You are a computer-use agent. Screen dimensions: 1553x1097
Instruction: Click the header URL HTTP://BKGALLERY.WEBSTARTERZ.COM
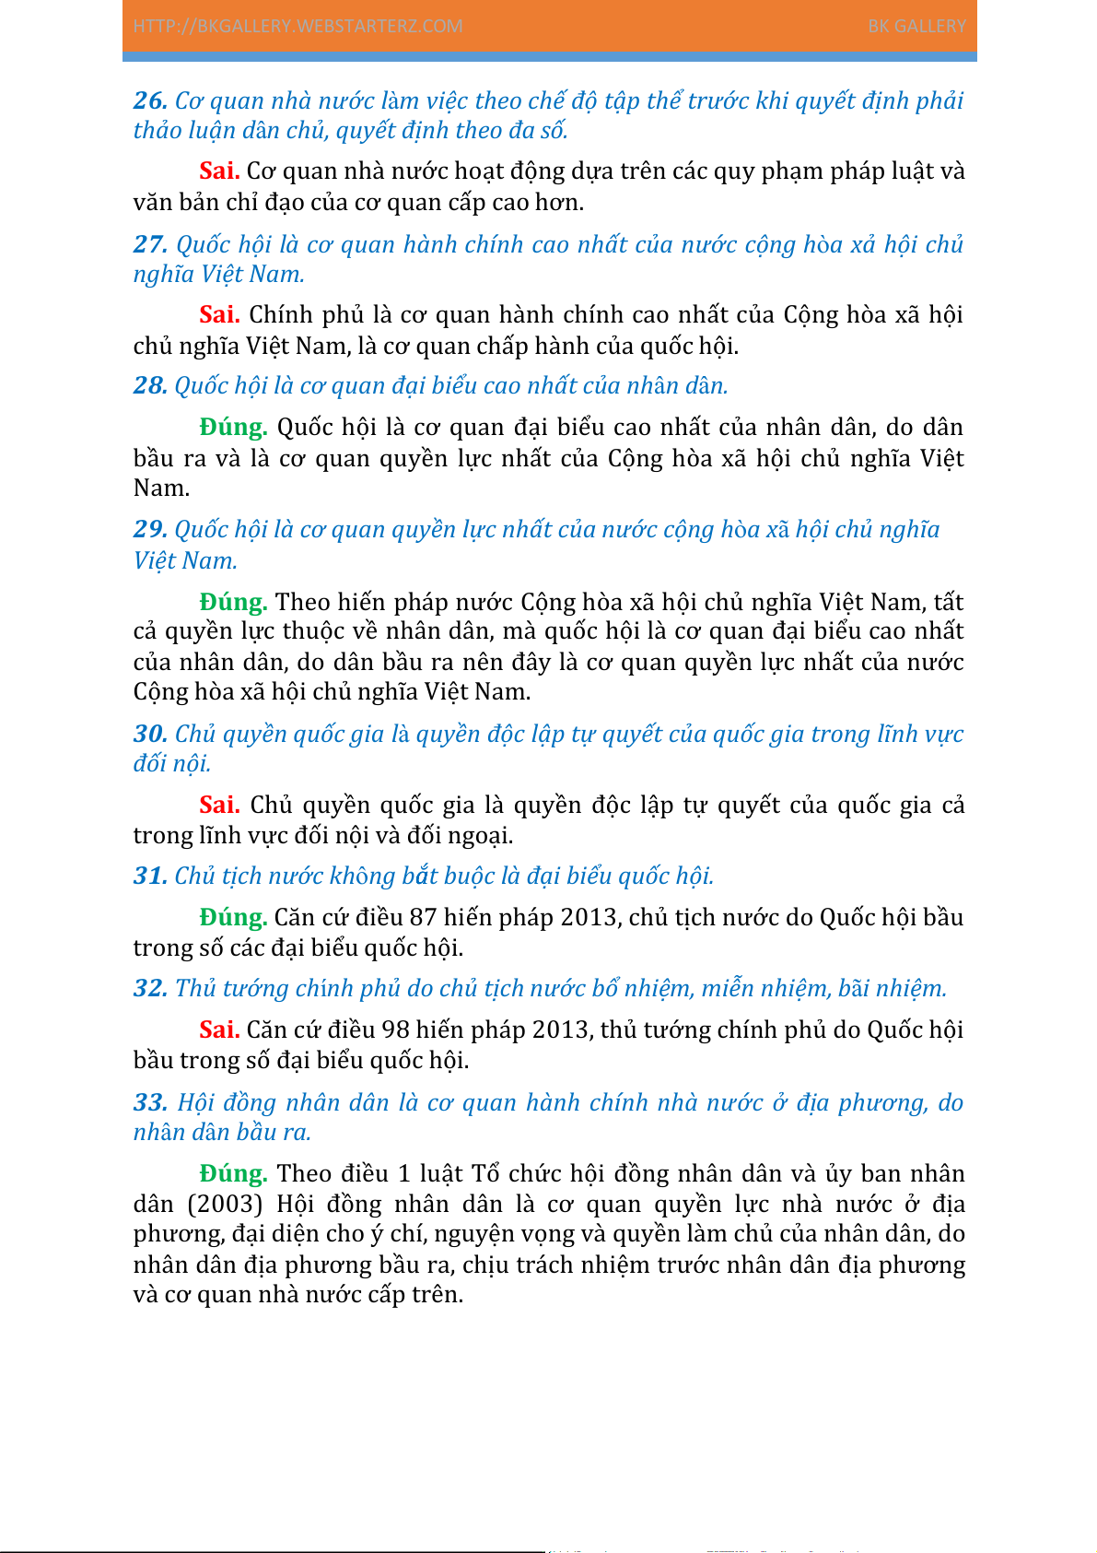point(298,26)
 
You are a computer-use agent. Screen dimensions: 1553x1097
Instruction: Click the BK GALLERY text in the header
point(916,26)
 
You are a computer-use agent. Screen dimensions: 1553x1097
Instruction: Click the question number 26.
point(150,100)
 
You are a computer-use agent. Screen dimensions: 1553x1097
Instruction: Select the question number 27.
point(150,244)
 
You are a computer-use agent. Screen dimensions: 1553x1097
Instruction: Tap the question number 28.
point(150,385)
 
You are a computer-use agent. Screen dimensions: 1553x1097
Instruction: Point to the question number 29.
point(150,529)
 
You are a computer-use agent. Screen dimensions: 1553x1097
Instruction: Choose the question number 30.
point(150,734)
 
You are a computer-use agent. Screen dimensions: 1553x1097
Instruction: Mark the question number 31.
point(150,876)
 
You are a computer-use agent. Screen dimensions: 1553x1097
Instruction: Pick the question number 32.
point(150,988)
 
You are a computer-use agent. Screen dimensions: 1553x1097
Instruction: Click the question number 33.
point(150,1102)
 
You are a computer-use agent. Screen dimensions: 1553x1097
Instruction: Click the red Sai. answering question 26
point(219,171)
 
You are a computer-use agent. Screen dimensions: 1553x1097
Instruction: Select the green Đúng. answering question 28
point(233,427)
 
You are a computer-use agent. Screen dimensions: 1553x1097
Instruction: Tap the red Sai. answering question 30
point(219,805)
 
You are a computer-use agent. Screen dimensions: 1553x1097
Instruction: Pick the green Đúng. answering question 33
point(233,1173)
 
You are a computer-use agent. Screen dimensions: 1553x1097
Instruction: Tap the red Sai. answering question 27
point(219,314)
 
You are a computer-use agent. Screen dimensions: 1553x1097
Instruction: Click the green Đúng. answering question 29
point(233,602)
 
